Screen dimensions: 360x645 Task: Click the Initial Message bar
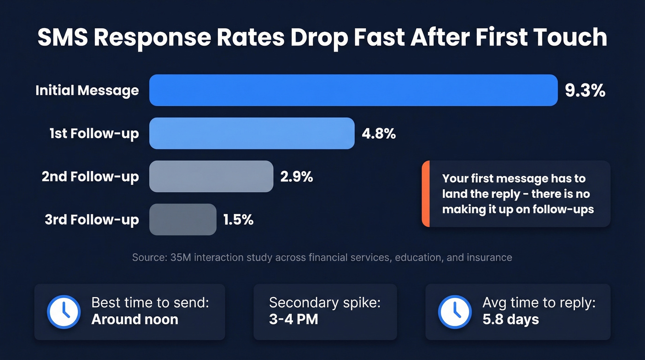pos(353,90)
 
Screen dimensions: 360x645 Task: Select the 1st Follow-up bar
pos(252,133)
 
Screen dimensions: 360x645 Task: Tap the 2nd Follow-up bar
pos(211,176)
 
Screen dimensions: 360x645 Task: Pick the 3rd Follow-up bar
pos(182,219)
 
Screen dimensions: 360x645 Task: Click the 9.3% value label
pos(585,91)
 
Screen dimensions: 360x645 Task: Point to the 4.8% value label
pos(379,134)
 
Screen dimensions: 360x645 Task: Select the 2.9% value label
pos(297,177)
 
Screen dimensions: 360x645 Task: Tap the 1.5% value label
pos(238,220)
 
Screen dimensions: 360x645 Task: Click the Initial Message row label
pos(87,90)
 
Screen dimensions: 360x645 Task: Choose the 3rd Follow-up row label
pos(92,220)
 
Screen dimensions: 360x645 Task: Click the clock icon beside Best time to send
pos(64,312)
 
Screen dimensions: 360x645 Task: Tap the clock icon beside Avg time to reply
pos(454,312)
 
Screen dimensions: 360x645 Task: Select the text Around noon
pos(135,319)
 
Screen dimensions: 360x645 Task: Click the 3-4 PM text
pos(293,319)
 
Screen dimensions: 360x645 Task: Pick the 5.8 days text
pos(510,319)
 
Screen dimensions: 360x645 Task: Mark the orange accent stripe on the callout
pos(425,194)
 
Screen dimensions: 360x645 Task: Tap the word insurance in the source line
pos(490,257)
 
